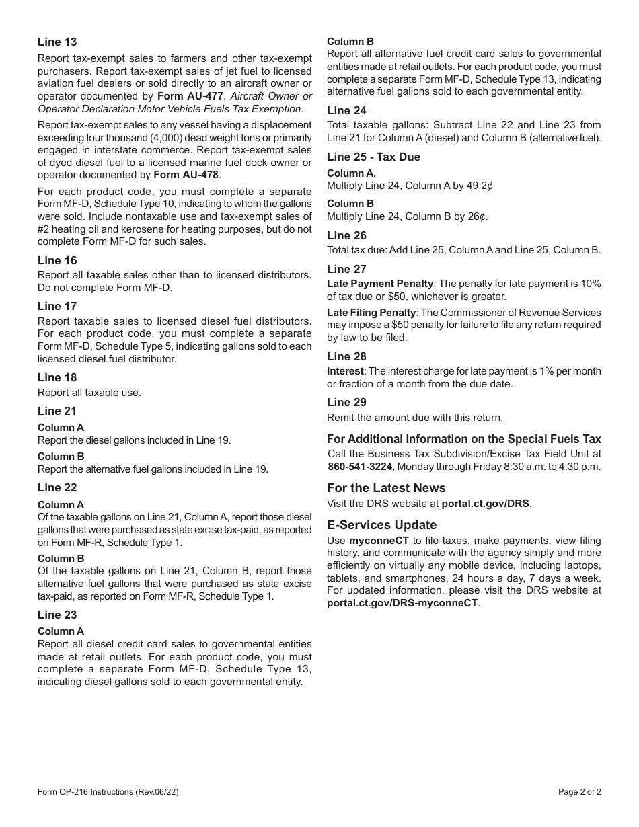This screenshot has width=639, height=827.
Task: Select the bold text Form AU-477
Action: click(188, 96)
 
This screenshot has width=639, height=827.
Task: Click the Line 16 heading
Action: click(57, 261)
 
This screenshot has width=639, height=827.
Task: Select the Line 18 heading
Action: click(57, 378)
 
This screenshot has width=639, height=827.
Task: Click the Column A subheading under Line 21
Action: click(61, 428)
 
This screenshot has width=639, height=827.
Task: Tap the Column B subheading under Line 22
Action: click(61, 559)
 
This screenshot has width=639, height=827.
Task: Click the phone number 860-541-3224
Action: click(360, 467)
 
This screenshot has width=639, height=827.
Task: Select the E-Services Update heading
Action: click(381, 525)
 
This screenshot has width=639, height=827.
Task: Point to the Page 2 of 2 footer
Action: click(580, 792)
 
